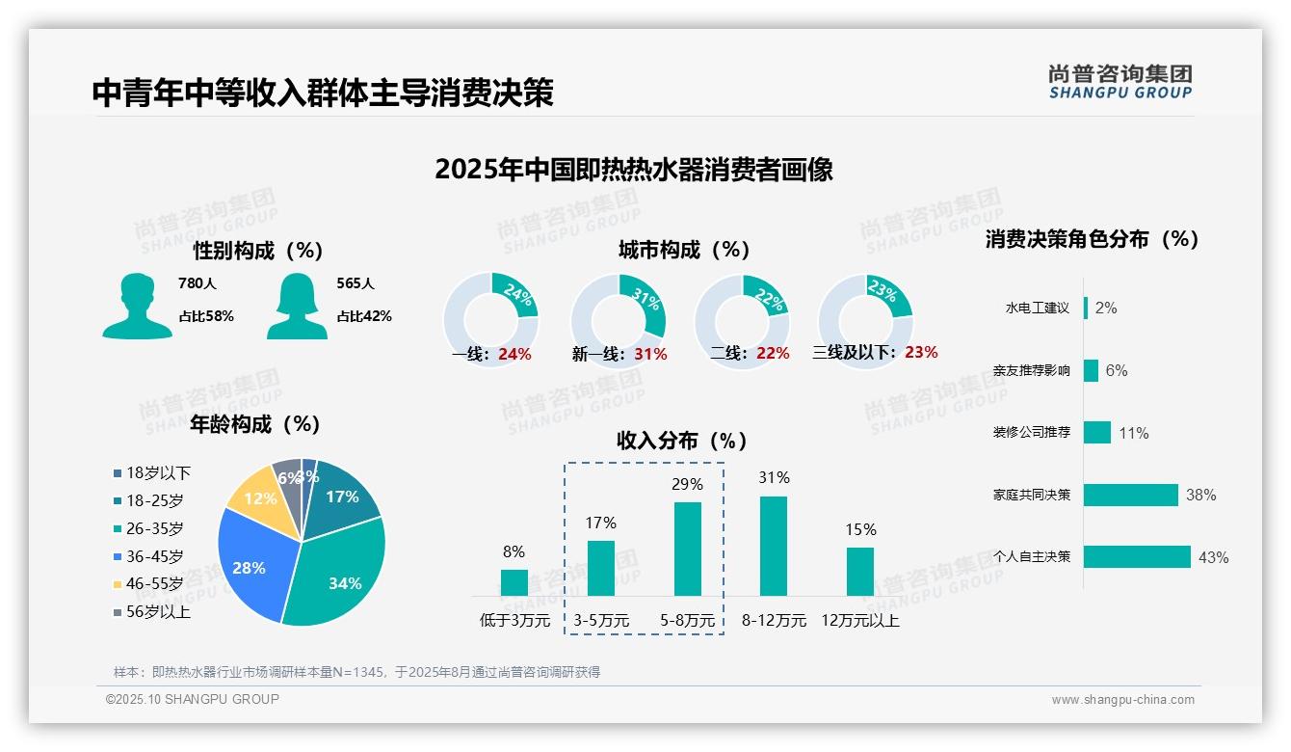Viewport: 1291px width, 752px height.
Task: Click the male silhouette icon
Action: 137,306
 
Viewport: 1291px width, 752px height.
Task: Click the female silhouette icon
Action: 297,306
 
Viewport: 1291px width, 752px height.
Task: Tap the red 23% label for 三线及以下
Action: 921,352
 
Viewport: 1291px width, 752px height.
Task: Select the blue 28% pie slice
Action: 249,564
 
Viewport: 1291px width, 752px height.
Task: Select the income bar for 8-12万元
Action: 774,546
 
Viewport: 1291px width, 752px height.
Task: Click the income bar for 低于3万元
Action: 514,582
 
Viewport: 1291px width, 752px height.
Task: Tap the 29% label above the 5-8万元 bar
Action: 687,484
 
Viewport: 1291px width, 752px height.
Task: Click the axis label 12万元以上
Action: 860,621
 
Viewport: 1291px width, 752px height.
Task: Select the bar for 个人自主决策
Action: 1137,556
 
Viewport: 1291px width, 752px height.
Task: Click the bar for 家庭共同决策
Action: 1130,495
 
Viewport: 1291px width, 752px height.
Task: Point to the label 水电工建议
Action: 1038,308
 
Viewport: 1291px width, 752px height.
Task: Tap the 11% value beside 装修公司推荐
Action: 1133,433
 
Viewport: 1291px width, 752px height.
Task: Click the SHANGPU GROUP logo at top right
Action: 1120,81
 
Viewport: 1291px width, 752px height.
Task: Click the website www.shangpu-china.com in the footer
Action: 1122,700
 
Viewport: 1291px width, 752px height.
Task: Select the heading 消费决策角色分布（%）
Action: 1092,239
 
